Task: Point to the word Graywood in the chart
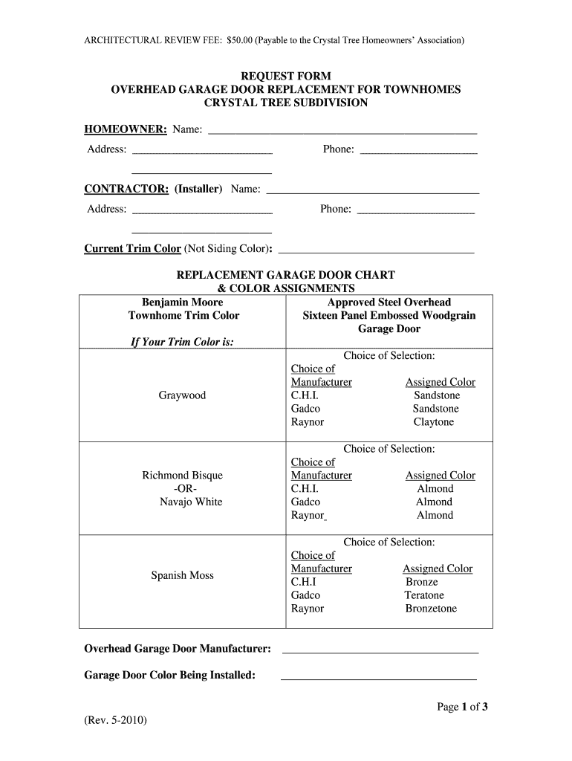(182, 395)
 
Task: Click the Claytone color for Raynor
(433, 422)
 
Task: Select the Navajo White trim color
(191, 502)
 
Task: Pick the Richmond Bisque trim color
(182, 475)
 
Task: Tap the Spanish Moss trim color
(182, 575)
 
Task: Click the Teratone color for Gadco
(424, 595)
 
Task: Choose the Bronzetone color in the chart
(431, 609)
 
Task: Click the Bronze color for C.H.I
(422, 582)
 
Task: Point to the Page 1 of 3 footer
(462, 707)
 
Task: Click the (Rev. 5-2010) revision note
(116, 721)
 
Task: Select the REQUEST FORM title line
(285, 76)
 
